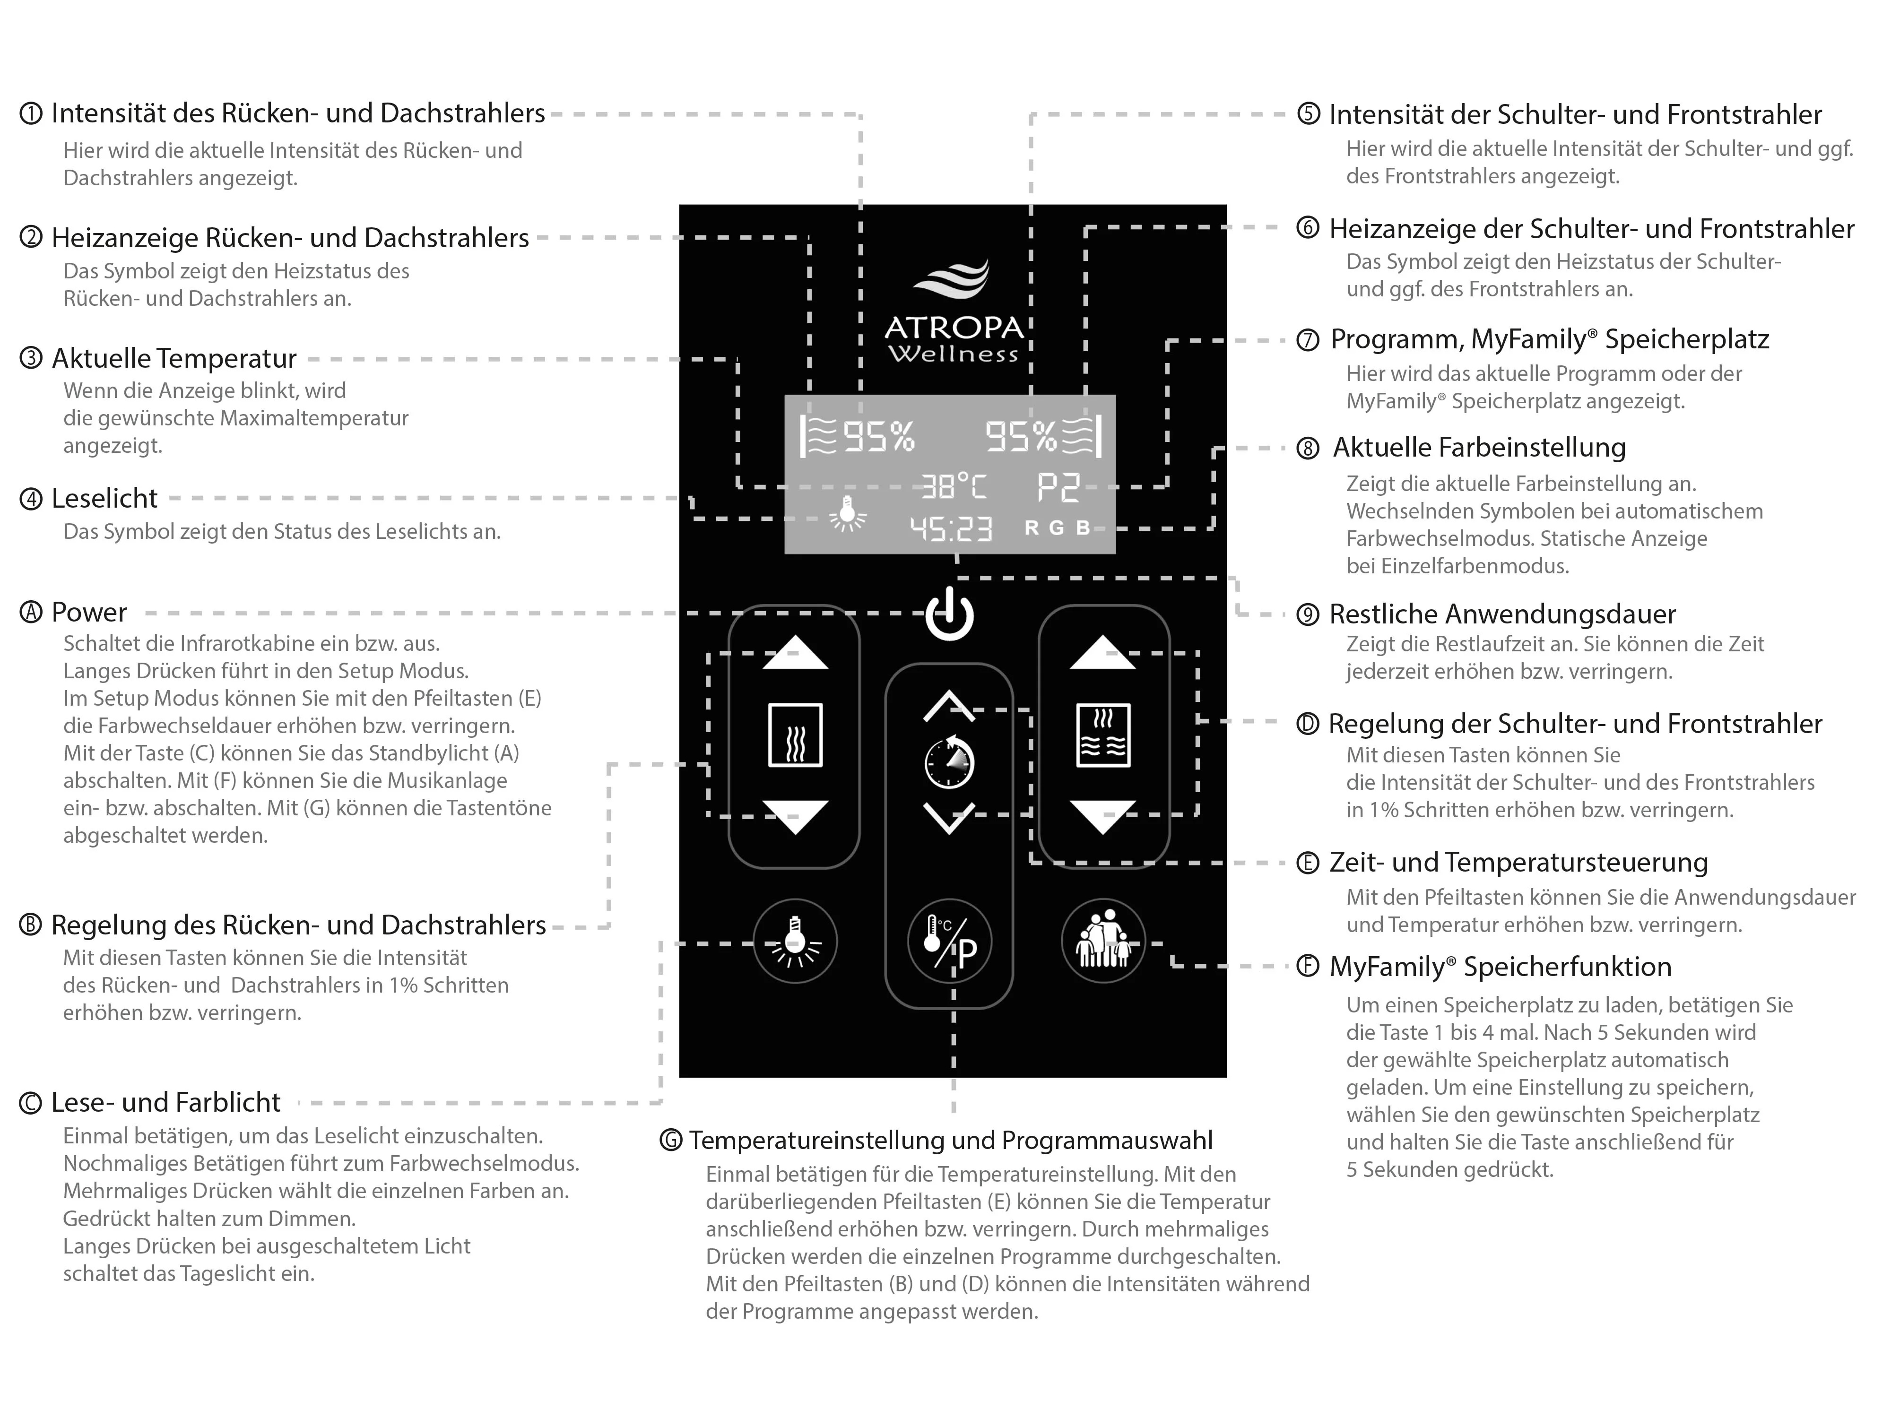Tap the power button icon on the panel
pyautogui.click(x=949, y=614)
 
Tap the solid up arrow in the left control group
pyautogui.click(x=795, y=653)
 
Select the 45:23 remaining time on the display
pyautogui.click(x=951, y=529)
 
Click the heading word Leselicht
pyautogui.click(x=104, y=498)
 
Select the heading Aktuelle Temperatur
pyautogui.click(x=173, y=358)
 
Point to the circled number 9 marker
pyautogui.click(x=1307, y=614)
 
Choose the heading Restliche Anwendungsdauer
pyautogui.click(x=1502, y=614)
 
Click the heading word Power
pyautogui.click(x=89, y=612)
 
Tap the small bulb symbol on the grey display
pyautogui.click(x=847, y=513)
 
